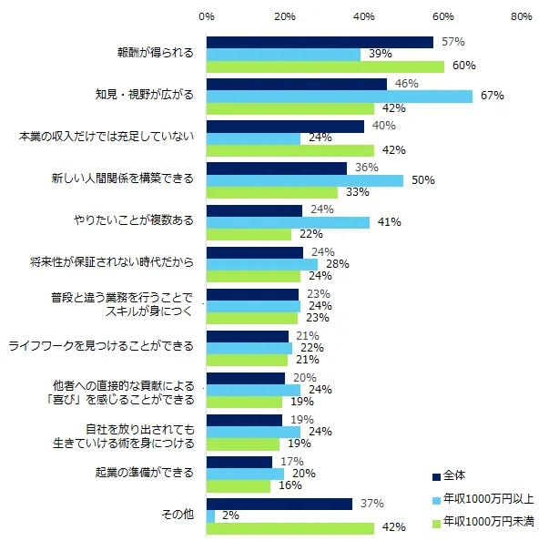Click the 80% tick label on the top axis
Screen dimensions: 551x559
point(522,16)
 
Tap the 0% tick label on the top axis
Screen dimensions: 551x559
point(207,16)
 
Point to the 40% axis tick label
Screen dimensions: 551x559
point(364,16)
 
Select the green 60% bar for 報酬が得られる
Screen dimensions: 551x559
point(325,66)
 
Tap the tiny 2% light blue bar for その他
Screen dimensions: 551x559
point(211,516)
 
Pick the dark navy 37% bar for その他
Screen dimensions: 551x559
point(279,504)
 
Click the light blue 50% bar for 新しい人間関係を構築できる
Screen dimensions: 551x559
point(305,180)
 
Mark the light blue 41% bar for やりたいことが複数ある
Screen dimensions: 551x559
point(288,222)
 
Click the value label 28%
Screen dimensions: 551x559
point(338,264)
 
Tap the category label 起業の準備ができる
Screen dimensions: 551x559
point(145,474)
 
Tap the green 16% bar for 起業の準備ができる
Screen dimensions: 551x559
point(239,486)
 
